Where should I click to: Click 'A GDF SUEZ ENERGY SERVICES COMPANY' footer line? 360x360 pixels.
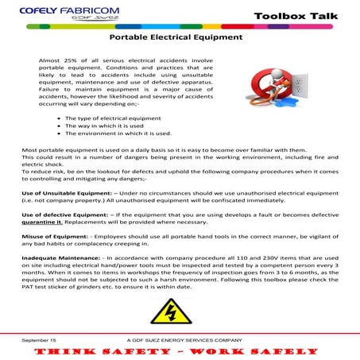[184, 338]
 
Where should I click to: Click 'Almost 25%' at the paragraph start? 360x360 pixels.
[55, 60]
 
